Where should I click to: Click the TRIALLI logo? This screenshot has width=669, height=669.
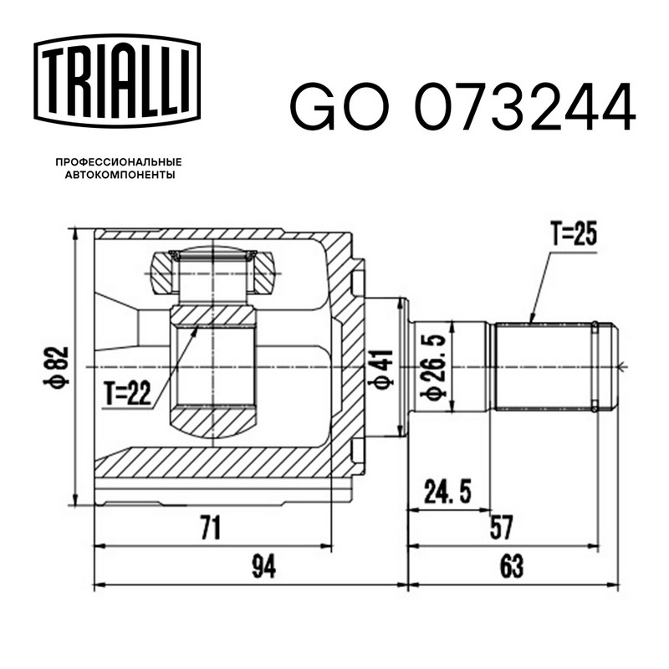117,80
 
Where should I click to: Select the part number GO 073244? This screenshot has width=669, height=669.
463,107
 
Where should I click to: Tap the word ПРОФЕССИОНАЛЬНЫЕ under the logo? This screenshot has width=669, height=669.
119,162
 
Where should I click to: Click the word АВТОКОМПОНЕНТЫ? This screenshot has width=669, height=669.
120,175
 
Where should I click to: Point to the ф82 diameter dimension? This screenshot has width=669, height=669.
56,367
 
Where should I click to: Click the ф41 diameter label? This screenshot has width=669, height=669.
381,370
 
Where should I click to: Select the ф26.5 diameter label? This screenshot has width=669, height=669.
433,368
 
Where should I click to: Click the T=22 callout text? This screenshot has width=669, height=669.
128,392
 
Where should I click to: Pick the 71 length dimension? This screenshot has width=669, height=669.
211,528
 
